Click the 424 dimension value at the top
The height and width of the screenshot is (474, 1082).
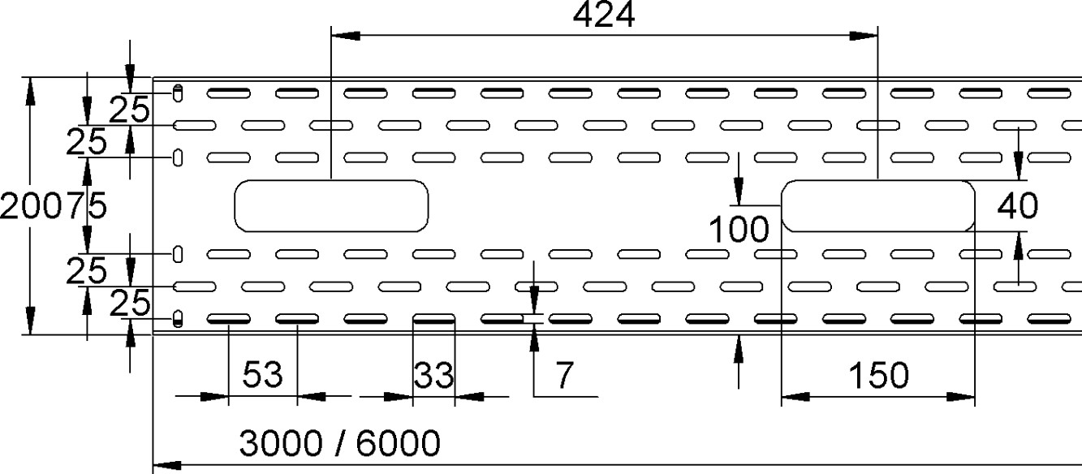tap(603, 15)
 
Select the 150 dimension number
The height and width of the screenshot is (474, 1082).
tap(878, 376)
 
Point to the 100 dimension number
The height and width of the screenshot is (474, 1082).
tap(739, 229)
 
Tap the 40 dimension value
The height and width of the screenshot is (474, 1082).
tap(1018, 206)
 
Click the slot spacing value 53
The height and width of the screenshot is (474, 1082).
tap(262, 374)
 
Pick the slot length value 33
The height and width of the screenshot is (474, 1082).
tap(433, 376)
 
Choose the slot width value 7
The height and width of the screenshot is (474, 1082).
tap(564, 375)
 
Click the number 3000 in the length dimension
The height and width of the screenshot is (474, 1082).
tap(281, 443)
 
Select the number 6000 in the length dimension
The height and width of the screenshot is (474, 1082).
tap(399, 443)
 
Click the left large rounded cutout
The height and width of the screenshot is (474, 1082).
tap(331, 206)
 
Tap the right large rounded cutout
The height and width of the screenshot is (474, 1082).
tap(878, 206)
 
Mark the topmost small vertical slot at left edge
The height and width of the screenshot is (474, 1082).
tap(178, 93)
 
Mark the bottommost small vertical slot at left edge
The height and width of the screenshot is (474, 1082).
tap(178, 318)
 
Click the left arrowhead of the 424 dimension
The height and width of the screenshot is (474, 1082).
tap(346, 36)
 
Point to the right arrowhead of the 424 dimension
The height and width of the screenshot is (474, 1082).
tap(864, 36)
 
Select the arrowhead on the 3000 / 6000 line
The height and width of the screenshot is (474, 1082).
tap(167, 465)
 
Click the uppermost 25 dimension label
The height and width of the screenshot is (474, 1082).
tap(129, 110)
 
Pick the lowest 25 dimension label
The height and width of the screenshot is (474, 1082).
tap(130, 304)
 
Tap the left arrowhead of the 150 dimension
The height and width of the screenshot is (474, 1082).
tap(795, 397)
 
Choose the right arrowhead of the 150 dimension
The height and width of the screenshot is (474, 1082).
tap(961, 397)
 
